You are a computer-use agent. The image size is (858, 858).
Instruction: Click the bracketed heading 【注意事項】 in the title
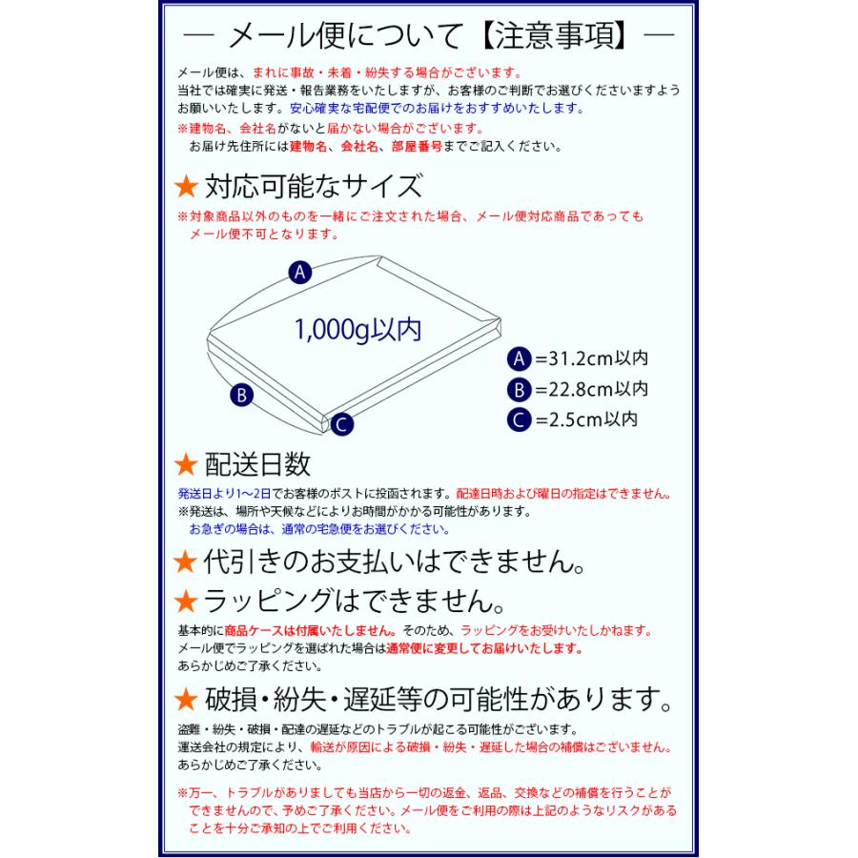pos(554,38)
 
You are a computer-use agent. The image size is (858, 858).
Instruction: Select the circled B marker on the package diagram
pos(242,394)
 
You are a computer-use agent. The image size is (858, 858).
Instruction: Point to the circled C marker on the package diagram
pos(343,425)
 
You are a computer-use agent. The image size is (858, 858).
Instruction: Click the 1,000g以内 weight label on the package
pos(357,329)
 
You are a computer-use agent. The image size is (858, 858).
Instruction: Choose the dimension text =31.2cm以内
pos(591,359)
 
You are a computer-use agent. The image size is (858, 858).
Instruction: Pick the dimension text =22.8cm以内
pos(591,389)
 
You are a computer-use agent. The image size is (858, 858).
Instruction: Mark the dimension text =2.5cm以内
pos(586,419)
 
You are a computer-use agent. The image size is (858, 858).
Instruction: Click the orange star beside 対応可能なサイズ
pos(187,185)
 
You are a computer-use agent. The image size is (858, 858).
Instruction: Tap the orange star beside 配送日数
pos(187,465)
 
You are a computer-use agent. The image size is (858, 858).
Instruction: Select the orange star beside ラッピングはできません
pos(187,602)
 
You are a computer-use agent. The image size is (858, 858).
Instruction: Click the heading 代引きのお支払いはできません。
pos(391,560)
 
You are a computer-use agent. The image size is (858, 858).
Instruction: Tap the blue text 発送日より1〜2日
pos(224,495)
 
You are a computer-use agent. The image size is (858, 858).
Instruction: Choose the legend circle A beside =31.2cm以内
pos(519,359)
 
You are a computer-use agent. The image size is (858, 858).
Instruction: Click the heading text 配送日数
pos(257,465)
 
